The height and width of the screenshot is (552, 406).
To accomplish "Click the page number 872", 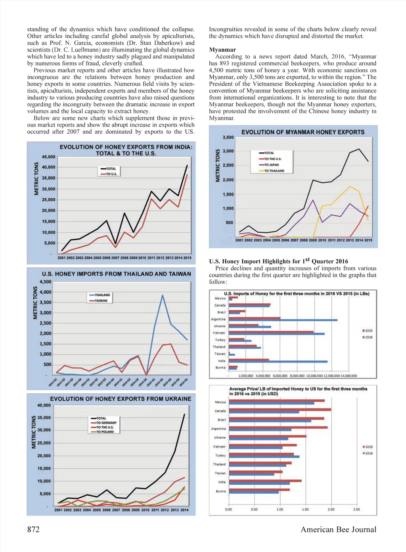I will pyautogui.click(x=33, y=529).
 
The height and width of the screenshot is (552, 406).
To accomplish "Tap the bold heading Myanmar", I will pyautogui.click(x=222, y=50).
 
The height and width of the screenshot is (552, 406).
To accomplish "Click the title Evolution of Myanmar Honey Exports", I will pyautogui.click(x=303, y=132).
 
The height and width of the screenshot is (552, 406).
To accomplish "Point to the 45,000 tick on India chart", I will pyautogui.click(x=49, y=157).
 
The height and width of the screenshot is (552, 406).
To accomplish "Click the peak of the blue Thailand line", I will pyautogui.click(x=163, y=295).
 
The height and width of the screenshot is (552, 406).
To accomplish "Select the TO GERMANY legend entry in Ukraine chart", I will pyautogui.click(x=106, y=423).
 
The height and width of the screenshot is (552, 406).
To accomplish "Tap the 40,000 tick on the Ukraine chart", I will pyautogui.click(x=44, y=405).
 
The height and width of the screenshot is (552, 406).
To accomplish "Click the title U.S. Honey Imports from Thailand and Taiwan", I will pyautogui.click(x=116, y=274).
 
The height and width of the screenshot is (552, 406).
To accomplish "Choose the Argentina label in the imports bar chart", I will pyautogui.click(x=218, y=319).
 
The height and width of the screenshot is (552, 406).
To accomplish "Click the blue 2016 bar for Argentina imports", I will pyautogui.click(x=283, y=320).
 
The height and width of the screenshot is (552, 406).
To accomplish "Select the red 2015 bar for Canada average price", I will pyautogui.click(x=280, y=410).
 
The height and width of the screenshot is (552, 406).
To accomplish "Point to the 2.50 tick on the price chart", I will pyautogui.click(x=356, y=509).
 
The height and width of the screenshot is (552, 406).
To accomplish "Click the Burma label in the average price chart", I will pyautogui.click(x=220, y=491).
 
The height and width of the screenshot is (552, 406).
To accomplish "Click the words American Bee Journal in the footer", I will pyautogui.click(x=338, y=529).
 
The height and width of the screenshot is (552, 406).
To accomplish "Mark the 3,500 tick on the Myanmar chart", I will pyautogui.click(x=228, y=138).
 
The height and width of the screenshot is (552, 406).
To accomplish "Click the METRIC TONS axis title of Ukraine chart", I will pyautogui.click(x=34, y=432).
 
